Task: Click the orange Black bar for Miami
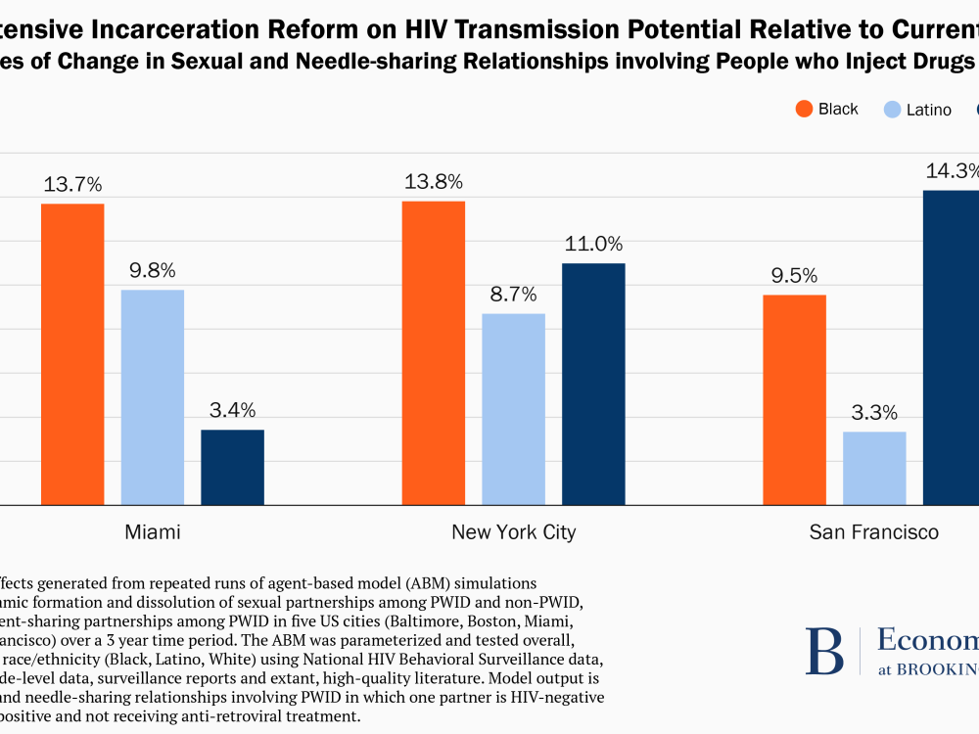tap(72, 354)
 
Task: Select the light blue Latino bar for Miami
tap(153, 397)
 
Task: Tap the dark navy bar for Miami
tap(232, 467)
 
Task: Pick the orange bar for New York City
tap(434, 353)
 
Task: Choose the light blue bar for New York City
tap(514, 409)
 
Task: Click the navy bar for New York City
tap(593, 384)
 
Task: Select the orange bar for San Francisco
tap(794, 399)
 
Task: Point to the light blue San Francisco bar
tap(874, 468)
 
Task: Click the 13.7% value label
tap(72, 184)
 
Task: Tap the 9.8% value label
tap(153, 270)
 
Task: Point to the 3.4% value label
tap(232, 410)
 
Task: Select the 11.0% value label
tap(593, 244)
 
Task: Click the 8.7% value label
tap(514, 294)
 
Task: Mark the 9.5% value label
tap(794, 275)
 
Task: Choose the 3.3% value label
tap(874, 412)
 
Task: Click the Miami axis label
tap(153, 532)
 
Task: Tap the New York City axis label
tap(514, 532)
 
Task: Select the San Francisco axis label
tap(874, 532)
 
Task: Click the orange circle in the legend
tap(805, 109)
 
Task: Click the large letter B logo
tap(824, 652)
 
